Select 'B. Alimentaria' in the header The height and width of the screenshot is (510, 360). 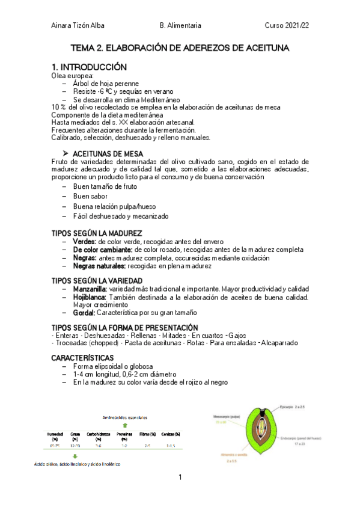[x=180, y=26]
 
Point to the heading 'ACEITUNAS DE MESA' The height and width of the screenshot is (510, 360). [x=108, y=154]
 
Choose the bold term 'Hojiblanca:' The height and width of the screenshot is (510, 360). [x=90, y=297]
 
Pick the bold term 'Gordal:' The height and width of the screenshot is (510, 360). [x=84, y=313]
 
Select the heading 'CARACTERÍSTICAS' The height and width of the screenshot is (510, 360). [x=82, y=358]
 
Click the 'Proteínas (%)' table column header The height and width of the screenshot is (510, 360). [x=124, y=436]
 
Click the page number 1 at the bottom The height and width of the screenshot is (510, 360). [x=180, y=478]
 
